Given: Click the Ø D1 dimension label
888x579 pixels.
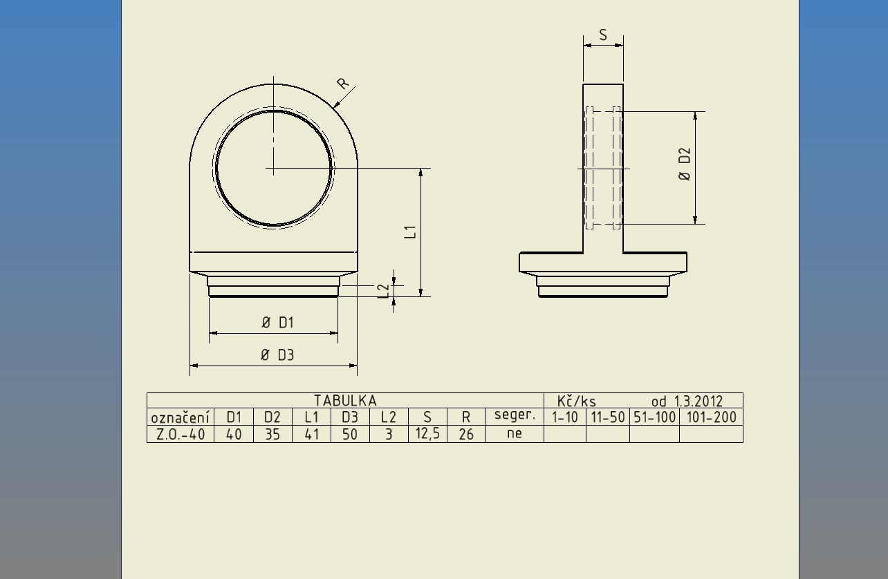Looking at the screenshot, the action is pos(277,323).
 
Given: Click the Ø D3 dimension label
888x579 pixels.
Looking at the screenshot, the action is pos(277,355).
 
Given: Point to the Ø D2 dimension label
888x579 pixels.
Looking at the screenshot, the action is pos(685,164).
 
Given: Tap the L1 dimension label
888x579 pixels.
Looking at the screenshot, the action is pos(410,232).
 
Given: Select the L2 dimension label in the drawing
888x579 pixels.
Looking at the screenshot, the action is pos(383,291).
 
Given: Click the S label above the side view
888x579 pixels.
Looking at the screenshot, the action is pos(603,35).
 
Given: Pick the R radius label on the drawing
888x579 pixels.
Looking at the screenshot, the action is pos(342,83).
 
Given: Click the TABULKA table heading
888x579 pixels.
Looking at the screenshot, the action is pos(345,401).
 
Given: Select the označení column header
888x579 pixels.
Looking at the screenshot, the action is pos(181,417).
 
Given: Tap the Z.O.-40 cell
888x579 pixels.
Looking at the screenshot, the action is pos(181,435).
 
